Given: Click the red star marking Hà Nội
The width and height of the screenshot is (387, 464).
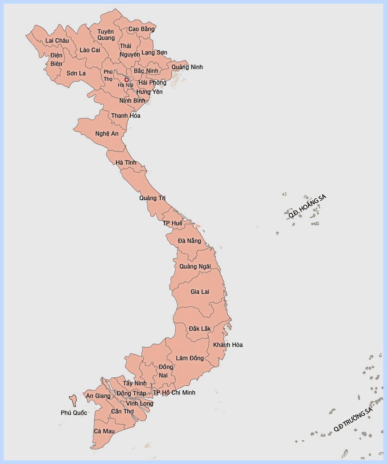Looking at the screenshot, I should tap(126, 79).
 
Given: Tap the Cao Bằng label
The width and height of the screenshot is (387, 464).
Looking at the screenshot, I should tap(141, 29).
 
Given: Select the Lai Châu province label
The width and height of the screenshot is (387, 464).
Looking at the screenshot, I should tap(57, 41).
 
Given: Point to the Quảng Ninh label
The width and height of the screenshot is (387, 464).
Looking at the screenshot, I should tap(187, 67).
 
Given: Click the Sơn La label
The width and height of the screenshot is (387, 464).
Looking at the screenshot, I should tap(76, 73).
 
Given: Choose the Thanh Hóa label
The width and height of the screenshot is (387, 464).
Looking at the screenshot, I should tap(126, 116).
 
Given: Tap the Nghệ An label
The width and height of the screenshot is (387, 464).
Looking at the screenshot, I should tap(107, 133).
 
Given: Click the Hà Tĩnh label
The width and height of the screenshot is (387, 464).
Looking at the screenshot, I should tap(126, 163).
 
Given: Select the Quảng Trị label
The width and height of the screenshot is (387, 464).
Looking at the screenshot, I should tap(152, 198).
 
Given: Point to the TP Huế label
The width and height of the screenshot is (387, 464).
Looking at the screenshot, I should tap(172, 223).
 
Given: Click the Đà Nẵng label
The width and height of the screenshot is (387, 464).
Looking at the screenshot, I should tap(189, 241).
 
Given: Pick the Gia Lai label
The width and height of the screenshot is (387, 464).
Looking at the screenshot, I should tap(200, 292).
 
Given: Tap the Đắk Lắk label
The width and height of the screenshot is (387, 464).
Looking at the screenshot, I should tap(200, 328).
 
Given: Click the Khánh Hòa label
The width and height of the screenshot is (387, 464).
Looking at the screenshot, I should tap(228, 345).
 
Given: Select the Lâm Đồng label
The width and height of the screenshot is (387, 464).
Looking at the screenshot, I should tap(190, 358).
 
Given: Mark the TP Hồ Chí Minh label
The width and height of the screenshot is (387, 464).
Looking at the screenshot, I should tap(174, 392).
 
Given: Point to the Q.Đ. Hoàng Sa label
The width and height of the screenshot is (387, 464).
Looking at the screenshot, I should tap(308, 206).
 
